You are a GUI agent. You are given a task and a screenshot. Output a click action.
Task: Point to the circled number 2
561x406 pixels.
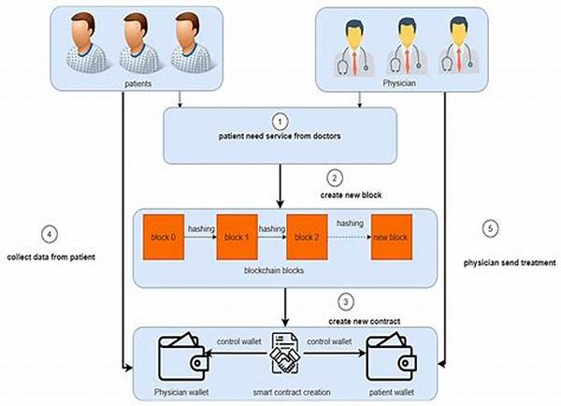334,176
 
